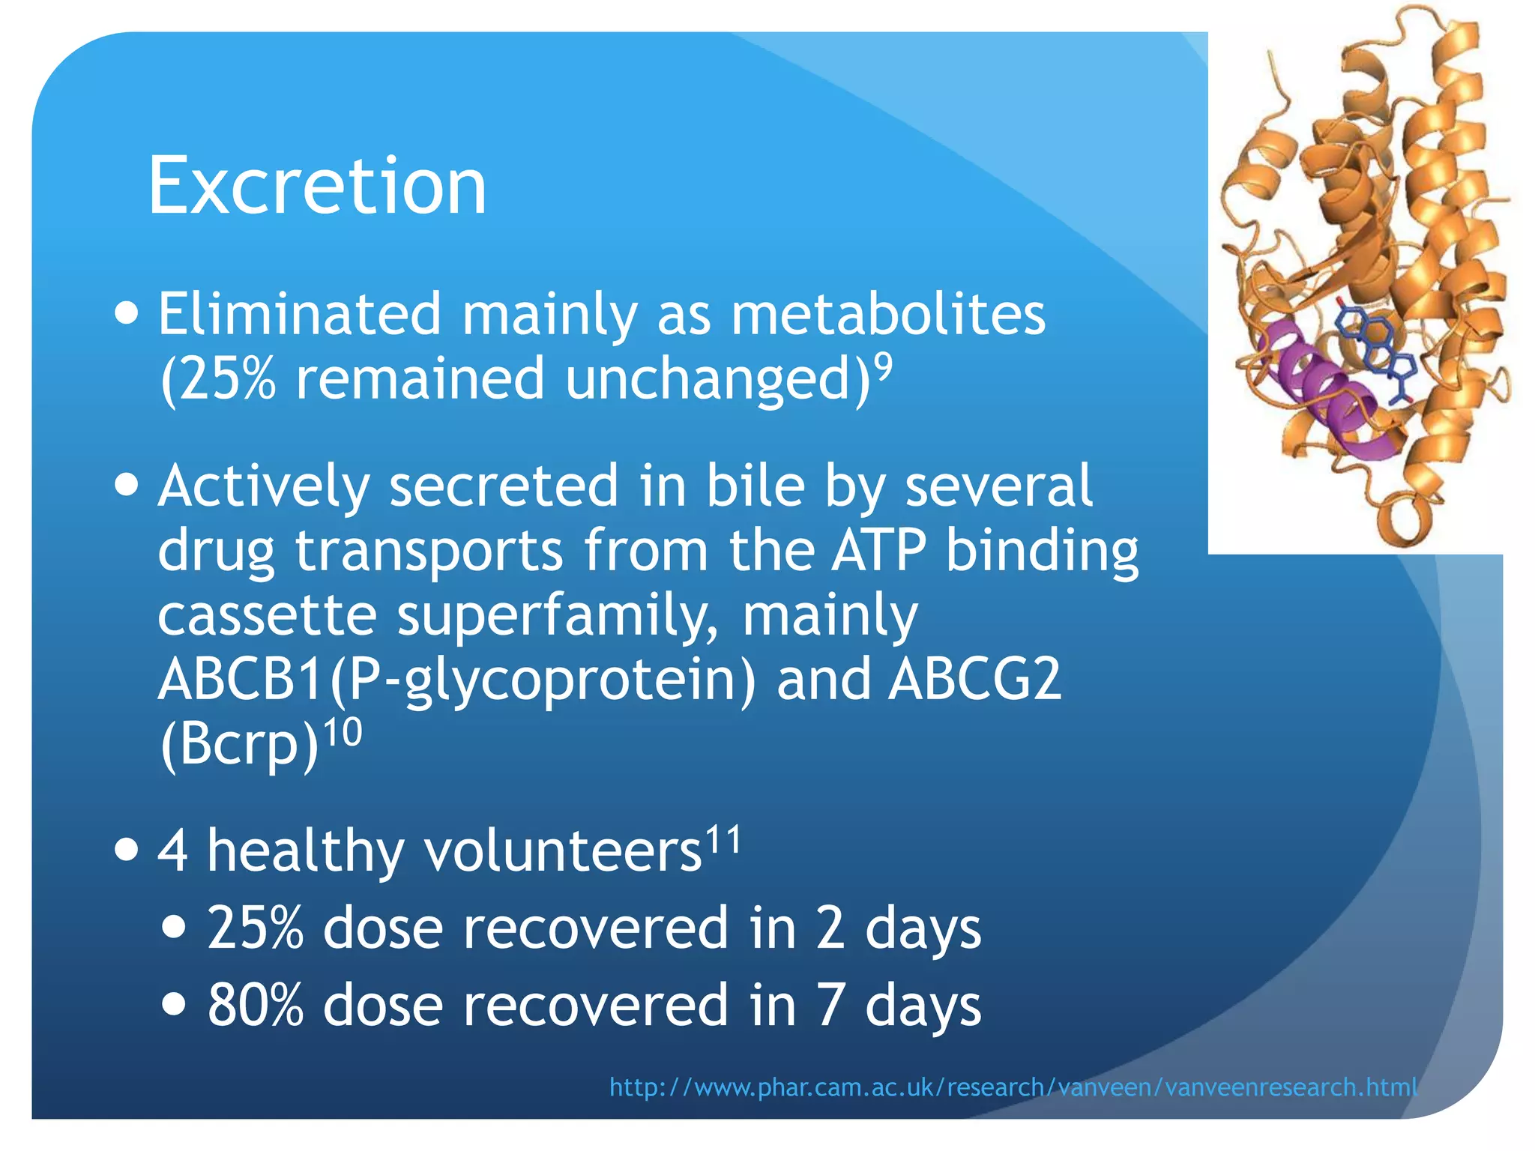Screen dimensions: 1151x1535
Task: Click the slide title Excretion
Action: point(317,186)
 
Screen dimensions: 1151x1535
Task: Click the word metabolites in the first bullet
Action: point(887,315)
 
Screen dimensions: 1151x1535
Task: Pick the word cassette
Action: point(267,615)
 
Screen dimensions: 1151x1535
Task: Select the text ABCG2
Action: point(974,679)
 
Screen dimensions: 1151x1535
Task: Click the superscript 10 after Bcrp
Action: point(342,733)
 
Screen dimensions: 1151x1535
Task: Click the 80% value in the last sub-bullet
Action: point(256,1005)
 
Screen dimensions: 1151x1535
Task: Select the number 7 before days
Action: point(830,1005)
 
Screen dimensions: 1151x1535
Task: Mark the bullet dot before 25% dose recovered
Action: point(174,928)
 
